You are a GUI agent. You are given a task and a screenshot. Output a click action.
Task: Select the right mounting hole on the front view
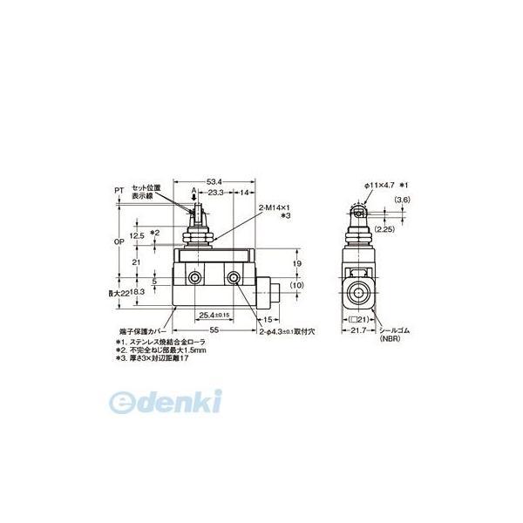(x=234, y=279)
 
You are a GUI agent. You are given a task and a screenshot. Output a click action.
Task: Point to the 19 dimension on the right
(x=299, y=261)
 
